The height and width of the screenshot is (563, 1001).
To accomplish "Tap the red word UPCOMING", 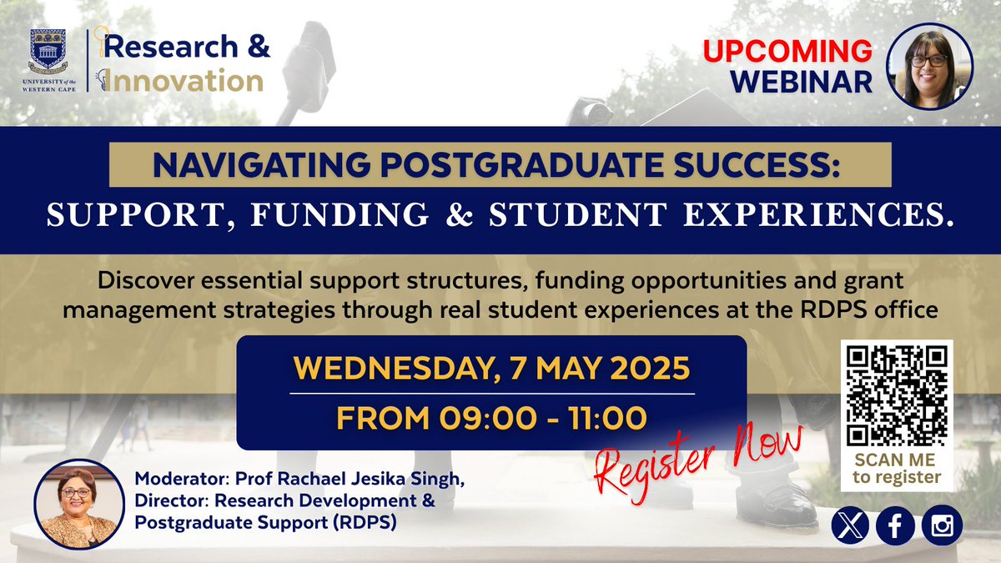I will click(x=787, y=51).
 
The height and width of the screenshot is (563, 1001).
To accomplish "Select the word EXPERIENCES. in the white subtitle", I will click(x=838, y=215).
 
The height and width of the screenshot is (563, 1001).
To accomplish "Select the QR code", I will click(x=898, y=395).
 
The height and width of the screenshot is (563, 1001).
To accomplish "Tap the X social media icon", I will click(x=848, y=526).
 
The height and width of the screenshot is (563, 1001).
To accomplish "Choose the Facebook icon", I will click(x=896, y=526).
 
